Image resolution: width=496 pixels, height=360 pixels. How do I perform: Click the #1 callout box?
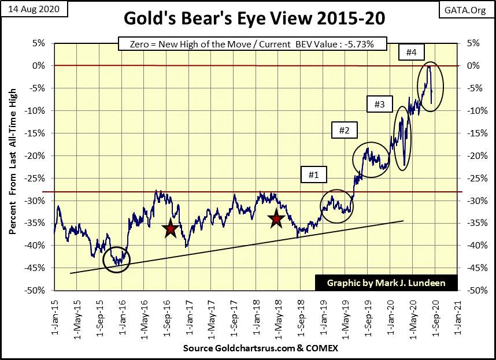click(x=313, y=173)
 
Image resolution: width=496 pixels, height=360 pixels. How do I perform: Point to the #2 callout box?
click(x=344, y=130)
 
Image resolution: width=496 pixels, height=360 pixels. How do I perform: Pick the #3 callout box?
click(x=379, y=104)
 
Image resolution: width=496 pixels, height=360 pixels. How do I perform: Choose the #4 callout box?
click(x=411, y=52)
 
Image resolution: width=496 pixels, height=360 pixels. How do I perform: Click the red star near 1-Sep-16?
click(x=170, y=229)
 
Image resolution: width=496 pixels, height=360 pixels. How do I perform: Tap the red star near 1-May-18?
click(x=276, y=218)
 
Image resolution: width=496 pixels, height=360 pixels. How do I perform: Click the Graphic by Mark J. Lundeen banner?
click(x=386, y=283)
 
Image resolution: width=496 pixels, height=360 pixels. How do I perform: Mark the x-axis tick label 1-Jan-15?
click(x=54, y=316)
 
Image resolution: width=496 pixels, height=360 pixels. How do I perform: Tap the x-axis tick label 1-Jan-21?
click(x=458, y=316)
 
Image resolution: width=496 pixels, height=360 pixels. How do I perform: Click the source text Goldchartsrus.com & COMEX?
click(x=260, y=349)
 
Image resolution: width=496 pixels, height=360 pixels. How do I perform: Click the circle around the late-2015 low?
click(x=117, y=259)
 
